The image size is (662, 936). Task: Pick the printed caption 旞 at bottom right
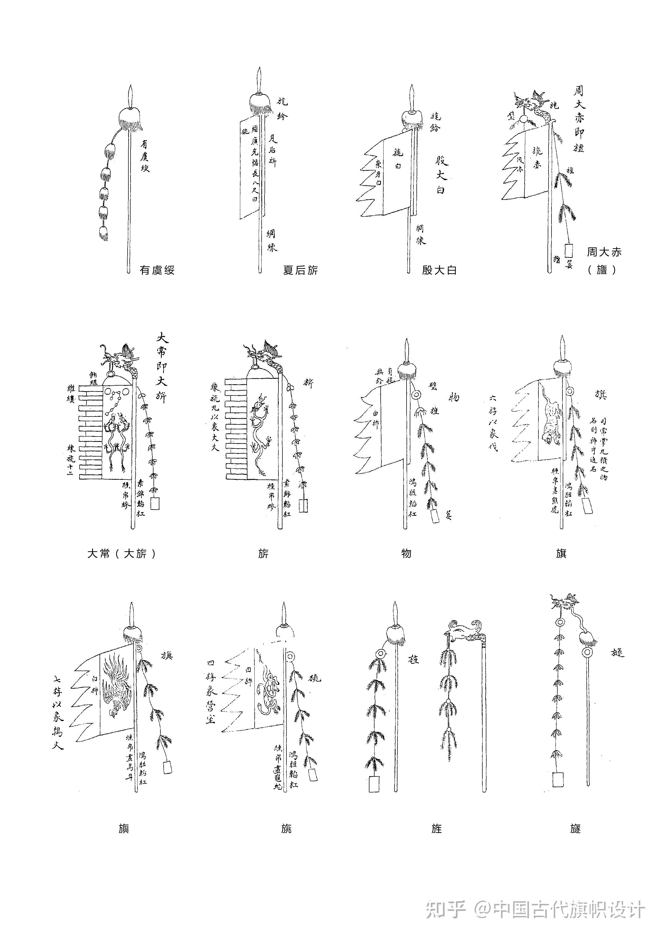pos(575,828)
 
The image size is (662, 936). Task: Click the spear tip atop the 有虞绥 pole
pos(130,96)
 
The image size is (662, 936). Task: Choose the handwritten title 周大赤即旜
pos(579,118)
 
